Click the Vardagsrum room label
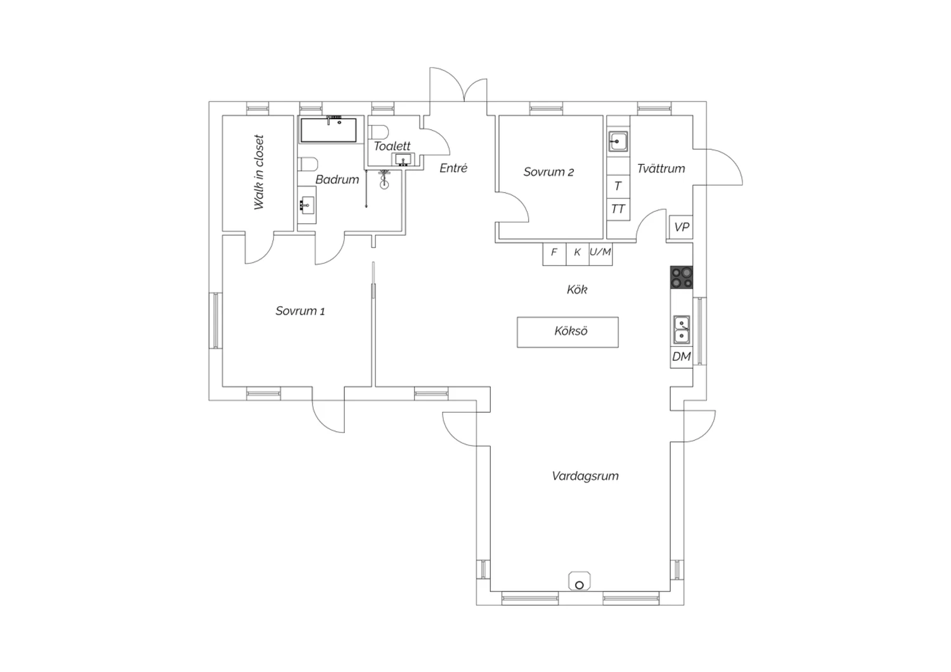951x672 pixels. (585, 476)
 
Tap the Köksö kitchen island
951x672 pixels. (567, 332)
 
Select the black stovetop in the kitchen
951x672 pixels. (682, 278)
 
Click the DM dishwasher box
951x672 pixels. (682, 356)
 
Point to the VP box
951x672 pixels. (682, 227)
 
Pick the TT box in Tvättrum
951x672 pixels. (618, 209)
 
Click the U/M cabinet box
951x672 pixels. (601, 254)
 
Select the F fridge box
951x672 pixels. (555, 254)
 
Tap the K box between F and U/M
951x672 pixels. (578, 254)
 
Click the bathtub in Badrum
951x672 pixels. (328, 130)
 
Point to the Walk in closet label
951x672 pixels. (259, 172)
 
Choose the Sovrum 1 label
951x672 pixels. (300, 311)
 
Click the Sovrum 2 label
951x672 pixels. (548, 172)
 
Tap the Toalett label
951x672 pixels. (392, 146)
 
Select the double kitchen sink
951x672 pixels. (682, 330)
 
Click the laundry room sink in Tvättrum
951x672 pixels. (618, 141)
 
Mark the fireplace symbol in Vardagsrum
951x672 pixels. (579, 581)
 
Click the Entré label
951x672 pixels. (453, 168)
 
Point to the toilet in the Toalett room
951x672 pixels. (378, 132)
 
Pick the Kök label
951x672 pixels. (577, 290)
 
